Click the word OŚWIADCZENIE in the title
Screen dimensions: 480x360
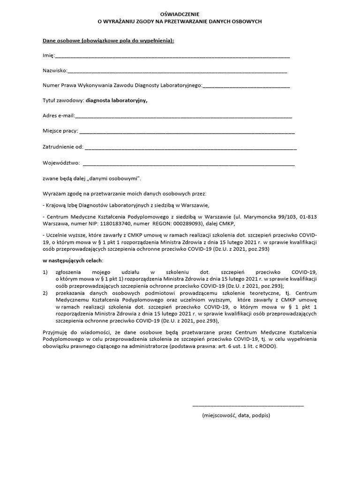click(x=180, y=14)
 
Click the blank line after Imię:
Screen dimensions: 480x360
click(x=172, y=56)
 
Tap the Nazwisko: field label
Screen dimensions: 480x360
click(x=55, y=71)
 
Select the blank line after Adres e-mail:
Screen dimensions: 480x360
click(x=183, y=116)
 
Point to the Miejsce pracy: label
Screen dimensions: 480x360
click(x=60, y=131)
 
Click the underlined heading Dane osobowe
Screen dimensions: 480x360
click(x=108, y=41)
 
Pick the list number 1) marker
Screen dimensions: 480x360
click(x=45, y=271)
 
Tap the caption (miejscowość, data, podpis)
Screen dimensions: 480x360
click(x=236, y=415)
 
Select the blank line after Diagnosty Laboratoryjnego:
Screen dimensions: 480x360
click(x=246, y=86)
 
